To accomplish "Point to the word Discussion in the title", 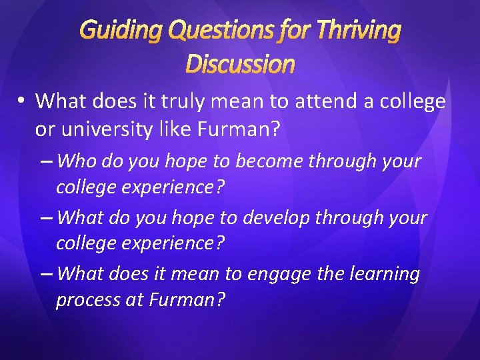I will point(240,63).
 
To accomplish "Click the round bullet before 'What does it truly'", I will point(22,101).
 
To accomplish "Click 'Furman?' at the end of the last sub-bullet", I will point(185,301).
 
